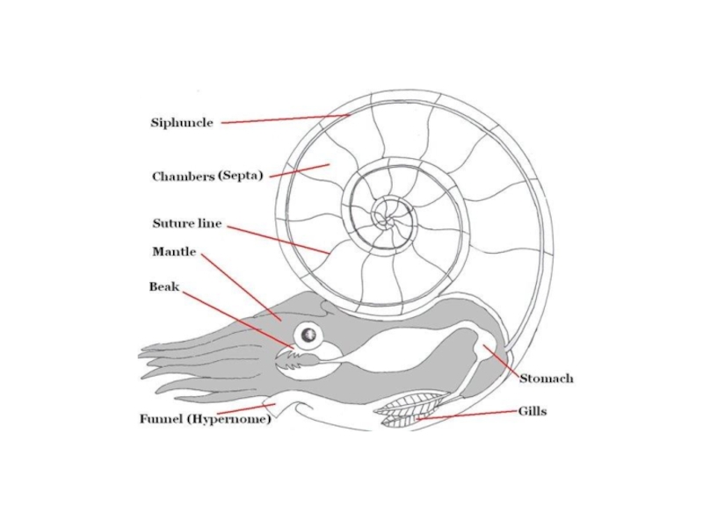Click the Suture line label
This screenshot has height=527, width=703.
186,224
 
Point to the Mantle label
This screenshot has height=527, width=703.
174,252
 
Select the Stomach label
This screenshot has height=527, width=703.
546,379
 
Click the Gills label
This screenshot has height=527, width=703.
533,411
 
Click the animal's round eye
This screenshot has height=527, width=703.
308,335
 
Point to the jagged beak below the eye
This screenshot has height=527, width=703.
289,357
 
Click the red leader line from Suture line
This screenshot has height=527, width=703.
277,239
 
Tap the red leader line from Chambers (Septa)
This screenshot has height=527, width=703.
299,170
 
